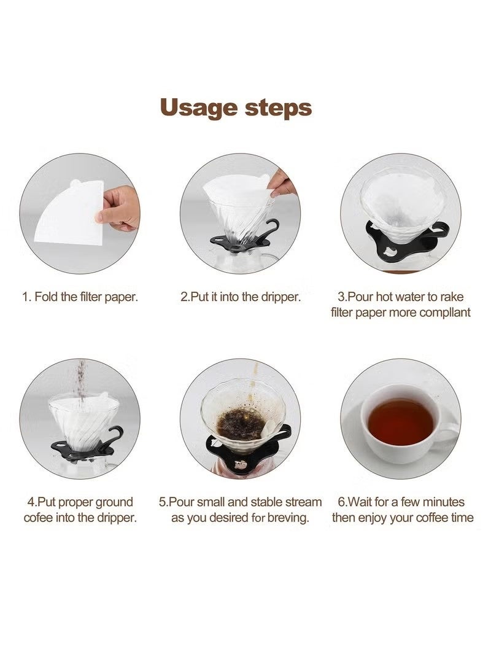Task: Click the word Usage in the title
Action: [x=198, y=107]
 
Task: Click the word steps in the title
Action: [x=279, y=107]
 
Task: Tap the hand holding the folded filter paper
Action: [x=119, y=208]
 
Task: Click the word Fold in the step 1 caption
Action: [x=47, y=297]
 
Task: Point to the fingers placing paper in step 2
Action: [x=282, y=183]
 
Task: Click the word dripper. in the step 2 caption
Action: [x=280, y=297]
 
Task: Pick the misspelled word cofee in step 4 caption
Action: [x=37, y=518]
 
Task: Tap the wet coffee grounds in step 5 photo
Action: [x=241, y=424]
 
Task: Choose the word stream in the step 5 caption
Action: [x=303, y=502]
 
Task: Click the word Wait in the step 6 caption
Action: [x=361, y=502]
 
